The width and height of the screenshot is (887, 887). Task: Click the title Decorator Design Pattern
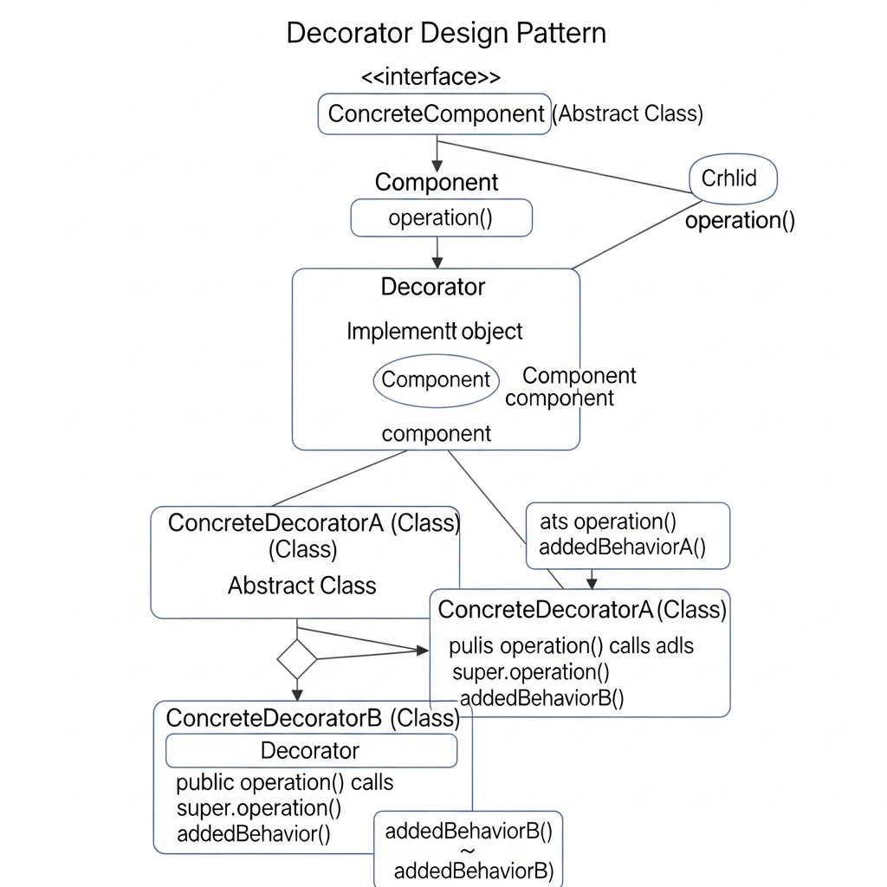coord(446,33)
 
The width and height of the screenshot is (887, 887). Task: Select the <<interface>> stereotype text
coord(431,76)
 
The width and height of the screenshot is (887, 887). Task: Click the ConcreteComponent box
coord(435,113)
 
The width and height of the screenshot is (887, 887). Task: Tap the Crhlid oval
coord(733,179)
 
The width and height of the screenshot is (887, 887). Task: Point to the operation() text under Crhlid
coord(740,220)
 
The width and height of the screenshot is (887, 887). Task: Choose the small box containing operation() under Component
coord(441,217)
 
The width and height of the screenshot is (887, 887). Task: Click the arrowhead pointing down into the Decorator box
coord(437,262)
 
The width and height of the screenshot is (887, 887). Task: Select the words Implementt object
coord(435,331)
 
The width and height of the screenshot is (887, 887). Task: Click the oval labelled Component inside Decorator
coord(436,380)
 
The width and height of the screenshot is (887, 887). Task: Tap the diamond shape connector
coord(297,659)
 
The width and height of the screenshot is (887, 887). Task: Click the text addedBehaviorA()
coord(622,547)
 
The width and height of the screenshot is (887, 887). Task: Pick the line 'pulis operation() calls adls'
coord(571,646)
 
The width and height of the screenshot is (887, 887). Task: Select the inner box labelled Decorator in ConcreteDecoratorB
coord(311,750)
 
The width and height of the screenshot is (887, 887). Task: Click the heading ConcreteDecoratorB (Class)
coord(312,717)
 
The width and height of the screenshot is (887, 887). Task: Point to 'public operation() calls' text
coord(284,782)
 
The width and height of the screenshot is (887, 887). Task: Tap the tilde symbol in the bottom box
coord(468,851)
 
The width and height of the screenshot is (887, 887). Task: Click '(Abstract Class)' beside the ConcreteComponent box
coord(627,113)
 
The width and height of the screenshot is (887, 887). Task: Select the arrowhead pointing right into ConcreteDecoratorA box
coord(424,651)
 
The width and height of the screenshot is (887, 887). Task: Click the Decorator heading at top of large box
coord(433,287)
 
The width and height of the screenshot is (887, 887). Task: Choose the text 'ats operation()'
coord(607,521)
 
